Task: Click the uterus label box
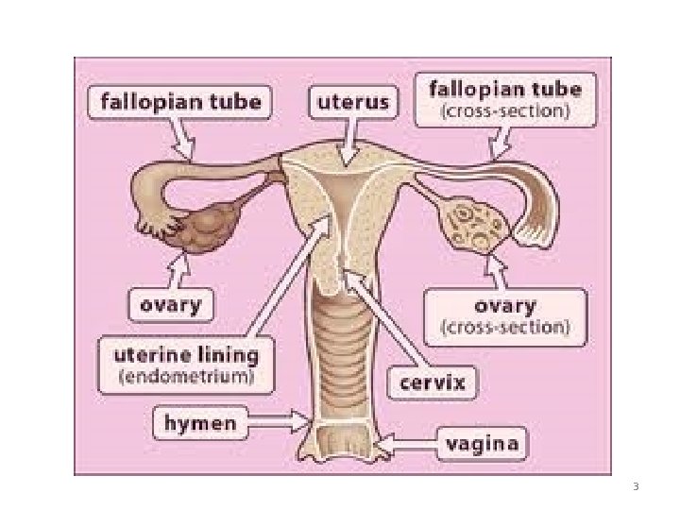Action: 350,103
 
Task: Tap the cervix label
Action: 433,382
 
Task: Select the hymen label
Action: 199,424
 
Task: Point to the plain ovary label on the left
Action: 171,306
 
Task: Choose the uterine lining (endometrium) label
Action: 185,364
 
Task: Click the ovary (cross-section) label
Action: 505,316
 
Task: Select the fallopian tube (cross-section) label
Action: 505,99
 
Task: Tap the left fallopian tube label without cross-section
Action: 180,102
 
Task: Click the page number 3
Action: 636,487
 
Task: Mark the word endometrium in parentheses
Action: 185,375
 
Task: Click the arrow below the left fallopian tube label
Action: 185,140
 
